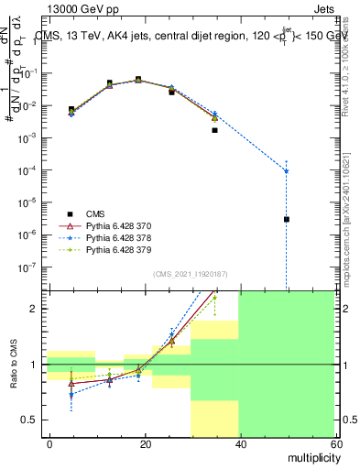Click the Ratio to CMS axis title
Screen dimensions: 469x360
coord(13,365)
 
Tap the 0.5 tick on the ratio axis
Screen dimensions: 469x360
coord(33,420)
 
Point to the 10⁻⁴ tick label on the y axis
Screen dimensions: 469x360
coord(30,170)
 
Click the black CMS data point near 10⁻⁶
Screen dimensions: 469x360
coord(287,219)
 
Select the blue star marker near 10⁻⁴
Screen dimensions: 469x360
coord(287,170)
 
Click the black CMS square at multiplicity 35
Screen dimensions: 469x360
coord(214,130)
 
